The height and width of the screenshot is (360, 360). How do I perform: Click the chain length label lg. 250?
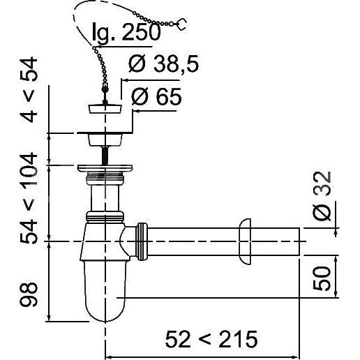126,32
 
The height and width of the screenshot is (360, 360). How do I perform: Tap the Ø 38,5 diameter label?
163,63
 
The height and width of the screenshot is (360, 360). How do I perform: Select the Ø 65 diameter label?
156,97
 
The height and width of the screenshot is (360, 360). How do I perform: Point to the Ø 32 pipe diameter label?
322,196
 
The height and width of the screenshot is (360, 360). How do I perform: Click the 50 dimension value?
322,278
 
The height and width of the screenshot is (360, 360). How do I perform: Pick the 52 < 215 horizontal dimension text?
211,339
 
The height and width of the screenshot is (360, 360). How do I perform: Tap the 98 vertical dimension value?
29,294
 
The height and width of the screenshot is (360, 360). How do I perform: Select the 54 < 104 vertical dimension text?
29,198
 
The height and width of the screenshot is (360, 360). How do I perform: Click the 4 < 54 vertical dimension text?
29,89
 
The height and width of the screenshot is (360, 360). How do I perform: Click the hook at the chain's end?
182,24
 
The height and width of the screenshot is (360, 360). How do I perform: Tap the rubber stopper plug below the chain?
105,109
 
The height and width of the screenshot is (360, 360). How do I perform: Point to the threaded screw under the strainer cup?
105,156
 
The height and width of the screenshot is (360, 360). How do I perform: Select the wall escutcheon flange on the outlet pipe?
244,241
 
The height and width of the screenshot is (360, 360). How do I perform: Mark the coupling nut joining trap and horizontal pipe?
142,241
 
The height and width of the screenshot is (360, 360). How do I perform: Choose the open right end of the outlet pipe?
299,241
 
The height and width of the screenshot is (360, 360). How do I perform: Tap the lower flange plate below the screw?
105,168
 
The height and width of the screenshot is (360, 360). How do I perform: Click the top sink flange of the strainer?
105,133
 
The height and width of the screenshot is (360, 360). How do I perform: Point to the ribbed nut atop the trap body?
105,217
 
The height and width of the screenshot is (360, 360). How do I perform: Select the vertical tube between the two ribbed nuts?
105,198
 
